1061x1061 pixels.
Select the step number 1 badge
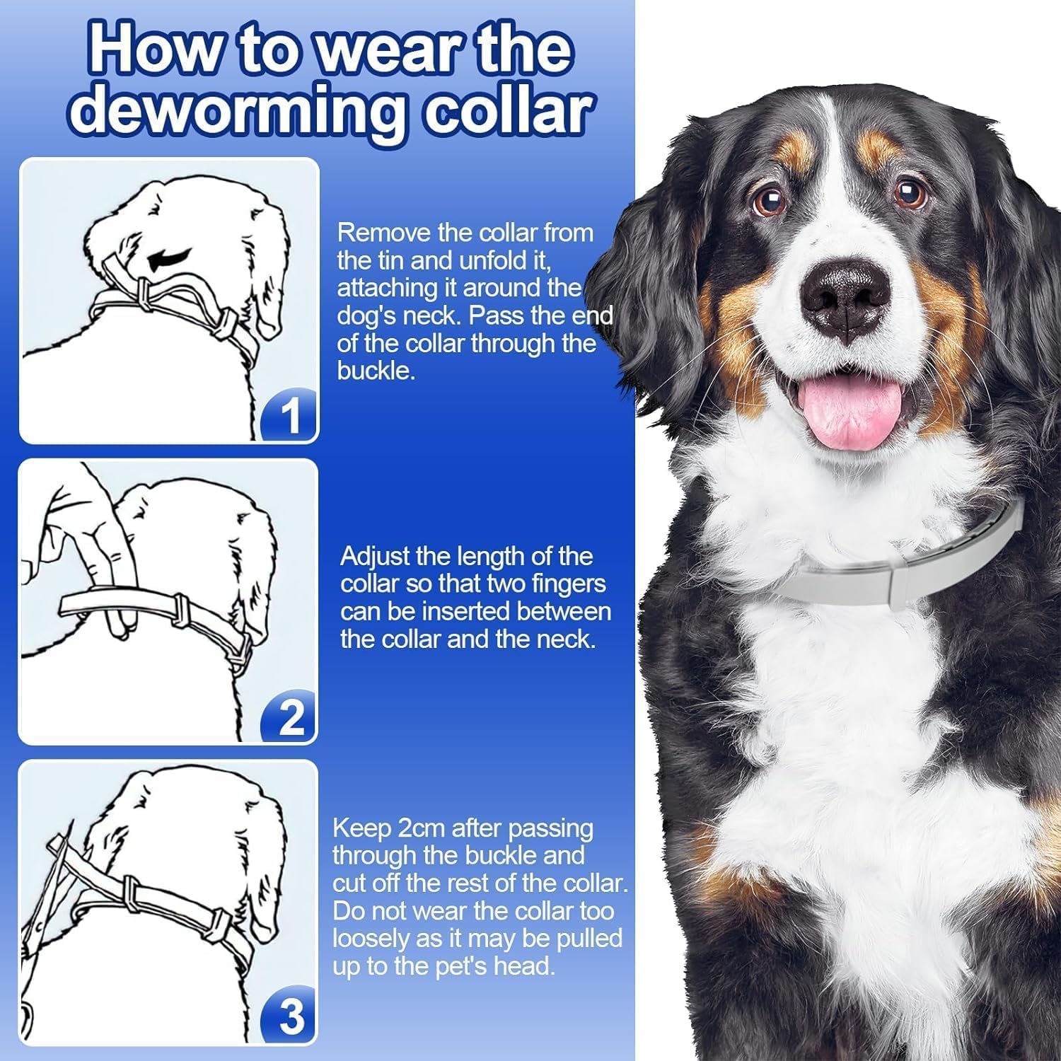(291, 417)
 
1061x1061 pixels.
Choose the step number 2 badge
(290, 717)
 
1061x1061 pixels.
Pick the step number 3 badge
(290, 1018)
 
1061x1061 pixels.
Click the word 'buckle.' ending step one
(376, 371)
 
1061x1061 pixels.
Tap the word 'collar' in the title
(508, 110)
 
